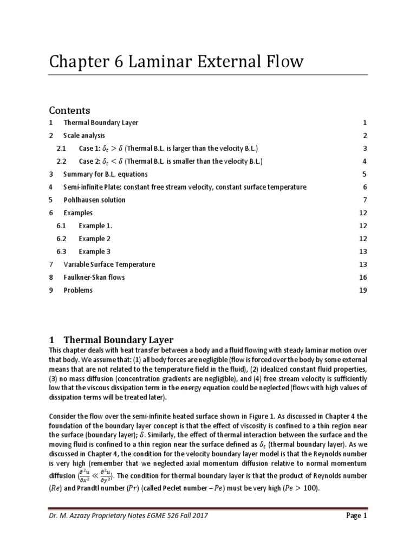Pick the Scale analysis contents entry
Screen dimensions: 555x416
(84, 135)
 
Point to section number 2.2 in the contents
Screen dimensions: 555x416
(61, 162)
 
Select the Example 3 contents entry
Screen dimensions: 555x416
(94, 251)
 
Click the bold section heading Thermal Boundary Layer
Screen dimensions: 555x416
(119, 340)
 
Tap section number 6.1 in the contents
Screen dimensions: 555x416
(61, 225)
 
